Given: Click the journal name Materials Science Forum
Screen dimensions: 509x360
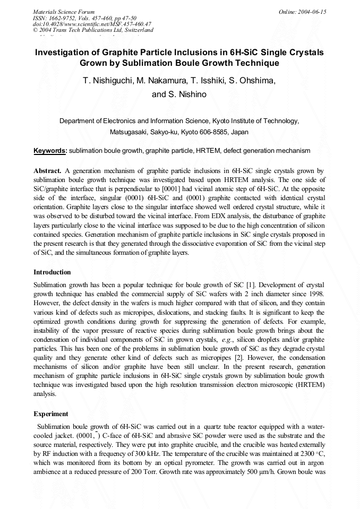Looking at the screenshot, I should click(64, 11).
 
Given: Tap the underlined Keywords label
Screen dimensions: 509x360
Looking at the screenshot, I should click(50, 151).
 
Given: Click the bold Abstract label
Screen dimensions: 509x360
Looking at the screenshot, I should click(48, 171).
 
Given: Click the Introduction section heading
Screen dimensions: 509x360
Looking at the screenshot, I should click(52, 272).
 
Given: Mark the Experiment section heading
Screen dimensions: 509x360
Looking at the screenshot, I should click(51, 413).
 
